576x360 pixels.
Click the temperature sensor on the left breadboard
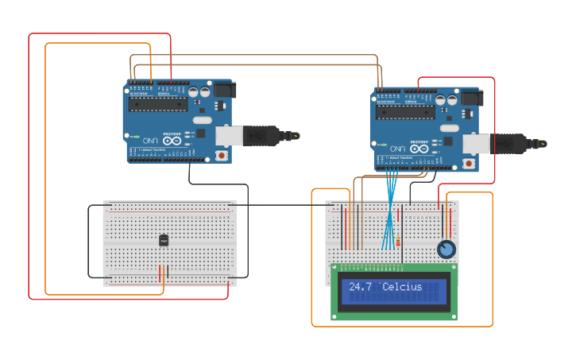pyautogui.click(x=164, y=240)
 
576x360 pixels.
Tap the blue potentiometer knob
pyautogui.click(x=446, y=250)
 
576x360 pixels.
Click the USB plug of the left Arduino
pyautogui.click(x=265, y=136)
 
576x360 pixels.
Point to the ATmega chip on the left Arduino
pyautogui.click(x=159, y=104)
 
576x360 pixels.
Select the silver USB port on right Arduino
pyautogui.click(x=475, y=144)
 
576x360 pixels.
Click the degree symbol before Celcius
pyautogui.click(x=381, y=285)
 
